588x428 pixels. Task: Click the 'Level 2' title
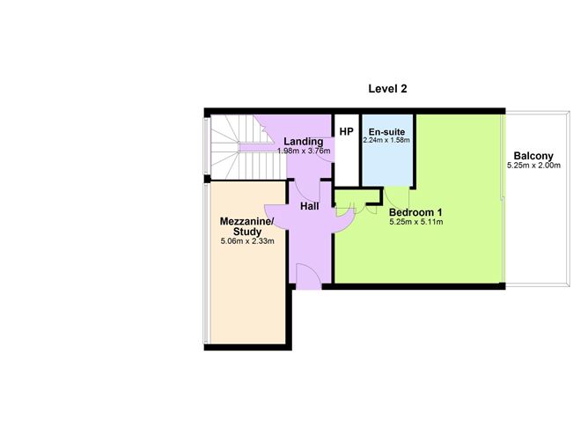[386, 89]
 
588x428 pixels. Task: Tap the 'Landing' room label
[303, 141]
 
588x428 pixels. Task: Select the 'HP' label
[346, 132]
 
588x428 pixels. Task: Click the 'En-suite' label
[386, 131]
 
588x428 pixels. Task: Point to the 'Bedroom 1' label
[415, 212]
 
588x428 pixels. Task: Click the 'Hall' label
[309, 206]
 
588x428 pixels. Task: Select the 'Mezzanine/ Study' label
[247, 225]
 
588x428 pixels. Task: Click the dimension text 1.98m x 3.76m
[303, 151]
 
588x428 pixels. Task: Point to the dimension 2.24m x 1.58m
[386, 140]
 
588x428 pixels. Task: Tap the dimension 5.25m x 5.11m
[415, 222]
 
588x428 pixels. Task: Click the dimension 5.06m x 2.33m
[247, 240]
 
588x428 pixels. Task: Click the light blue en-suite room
[387, 163]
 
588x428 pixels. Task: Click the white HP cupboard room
[346, 159]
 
